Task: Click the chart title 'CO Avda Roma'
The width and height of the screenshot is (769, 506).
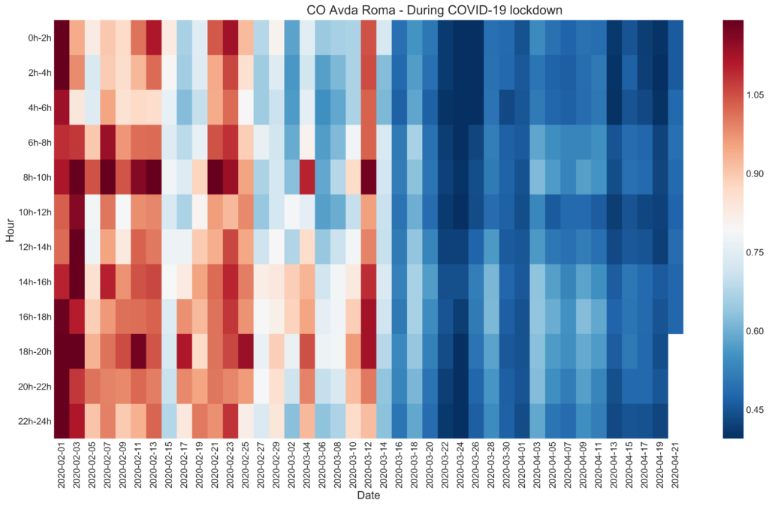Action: tap(435, 10)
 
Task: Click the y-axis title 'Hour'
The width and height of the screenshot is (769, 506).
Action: tap(11, 230)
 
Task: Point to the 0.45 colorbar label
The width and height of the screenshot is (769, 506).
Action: tap(753, 409)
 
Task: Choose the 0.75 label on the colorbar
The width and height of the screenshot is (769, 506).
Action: tap(753, 251)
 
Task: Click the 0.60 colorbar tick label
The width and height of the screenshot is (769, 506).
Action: tap(753, 330)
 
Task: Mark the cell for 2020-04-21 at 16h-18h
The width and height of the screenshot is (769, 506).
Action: tap(675, 316)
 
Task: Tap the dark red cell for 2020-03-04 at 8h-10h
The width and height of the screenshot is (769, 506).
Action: tap(306, 176)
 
